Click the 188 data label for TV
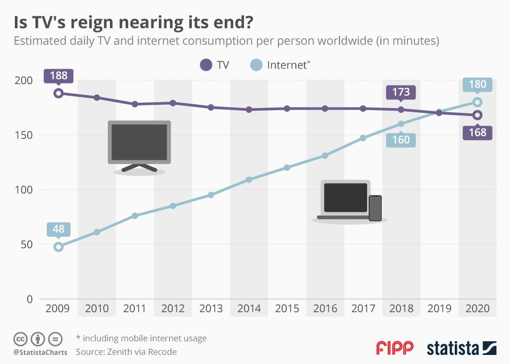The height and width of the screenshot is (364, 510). click(58, 76)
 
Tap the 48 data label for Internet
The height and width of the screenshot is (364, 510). click(58, 229)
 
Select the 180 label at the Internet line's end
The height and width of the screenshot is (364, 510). click(478, 85)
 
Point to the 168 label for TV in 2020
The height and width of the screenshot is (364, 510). click(478, 133)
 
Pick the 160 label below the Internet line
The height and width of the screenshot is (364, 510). click(401, 140)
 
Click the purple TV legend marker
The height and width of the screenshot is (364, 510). click(206, 65)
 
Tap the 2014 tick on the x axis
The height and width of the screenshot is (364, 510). click(249, 309)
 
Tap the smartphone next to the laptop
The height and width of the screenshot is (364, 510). click(375, 208)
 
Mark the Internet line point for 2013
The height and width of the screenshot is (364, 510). click(211, 195)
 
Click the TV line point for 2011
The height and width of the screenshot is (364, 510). click(135, 104)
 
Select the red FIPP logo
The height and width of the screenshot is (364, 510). click(395, 349)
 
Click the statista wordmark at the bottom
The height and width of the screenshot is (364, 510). click(453, 349)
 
